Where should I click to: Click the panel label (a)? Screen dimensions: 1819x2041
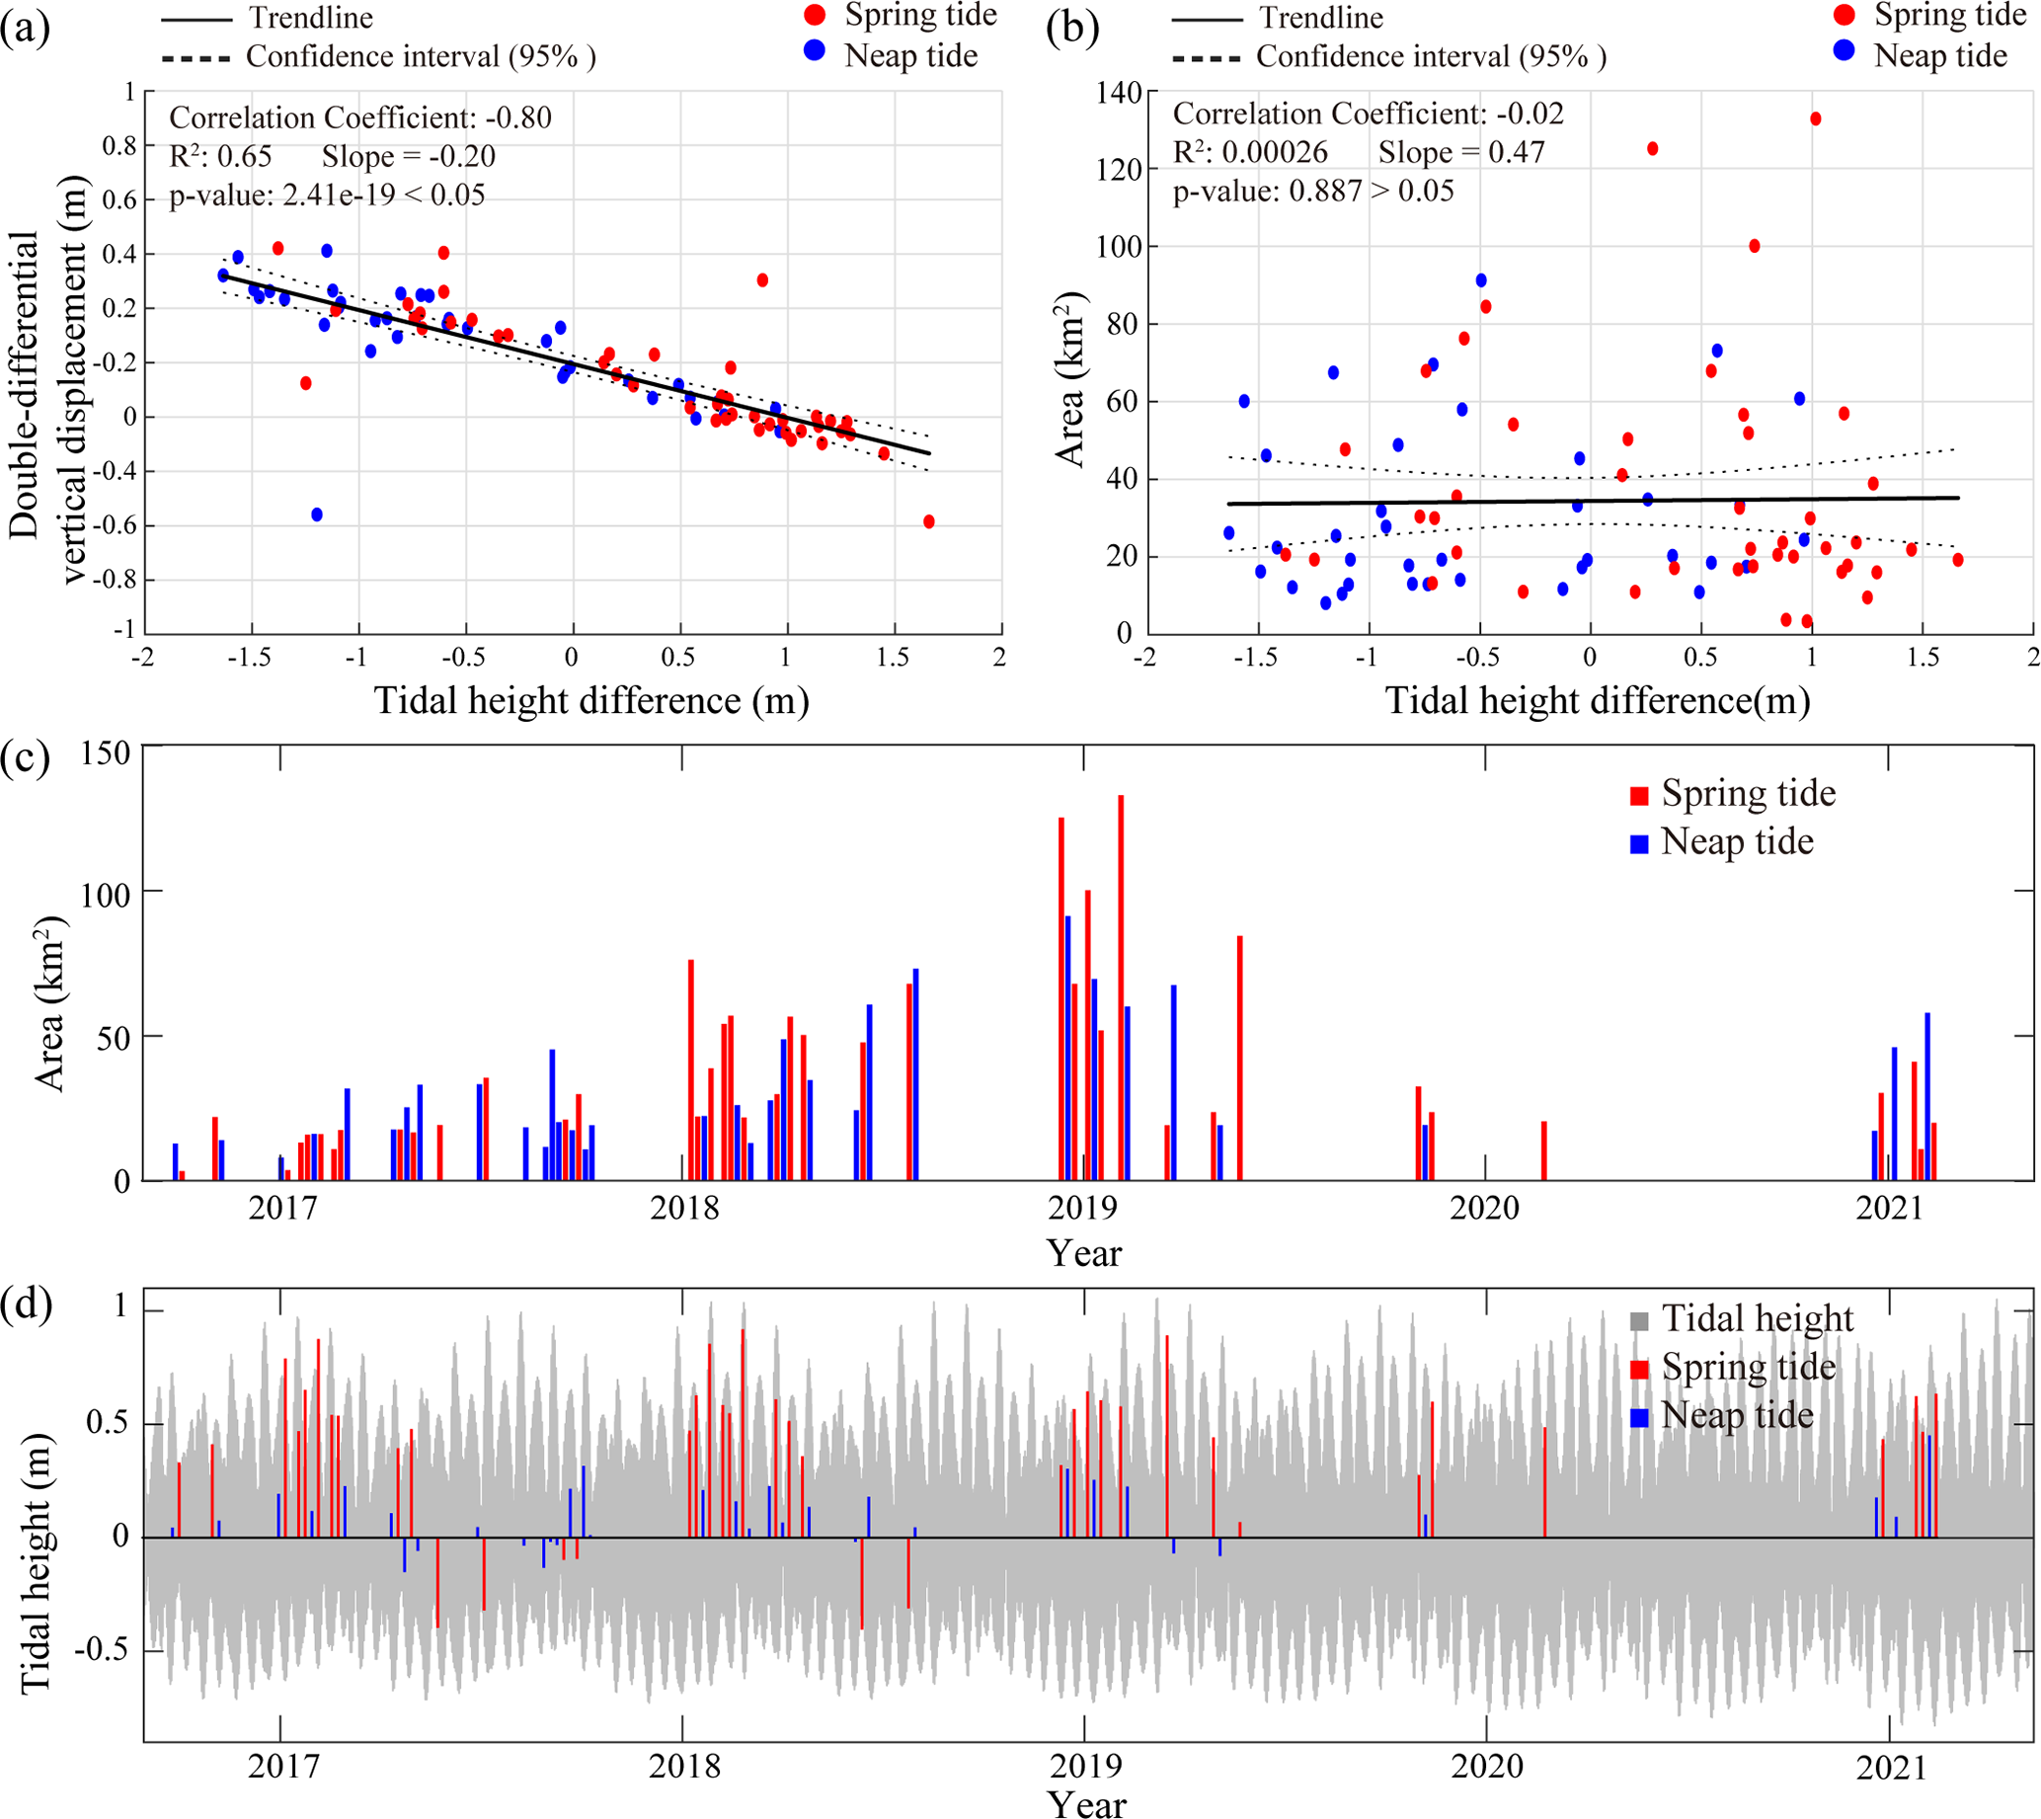click(x=25, y=29)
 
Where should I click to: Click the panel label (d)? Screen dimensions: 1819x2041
click(x=26, y=1305)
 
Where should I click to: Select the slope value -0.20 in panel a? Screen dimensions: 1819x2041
click(x=459, y=157)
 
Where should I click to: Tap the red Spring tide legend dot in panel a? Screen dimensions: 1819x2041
click(x=815, y=16)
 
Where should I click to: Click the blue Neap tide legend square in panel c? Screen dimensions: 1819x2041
click(x=1639, y=843)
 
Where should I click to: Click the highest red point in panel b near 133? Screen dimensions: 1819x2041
click(x=1815, y=119)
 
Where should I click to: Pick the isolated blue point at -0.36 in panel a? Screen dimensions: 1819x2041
click(x=317, y=514)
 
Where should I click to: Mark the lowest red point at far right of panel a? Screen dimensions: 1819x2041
click(x=928, y=521)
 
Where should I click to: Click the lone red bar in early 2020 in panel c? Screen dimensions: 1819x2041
click(x=1543, y=1150)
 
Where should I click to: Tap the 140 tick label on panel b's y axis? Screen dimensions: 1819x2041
click(x=1119, y=93)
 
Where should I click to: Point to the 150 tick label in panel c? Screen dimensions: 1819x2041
click(x=106, y=753)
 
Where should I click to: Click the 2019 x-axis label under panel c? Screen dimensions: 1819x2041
click(x=1082, y=1209)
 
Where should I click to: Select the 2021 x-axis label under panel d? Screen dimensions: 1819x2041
click(x=1890, y=1768)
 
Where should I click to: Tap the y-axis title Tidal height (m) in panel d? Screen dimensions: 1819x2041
click(x=36, y=1563)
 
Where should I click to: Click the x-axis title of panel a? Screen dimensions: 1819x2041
click(x=591, y=700)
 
